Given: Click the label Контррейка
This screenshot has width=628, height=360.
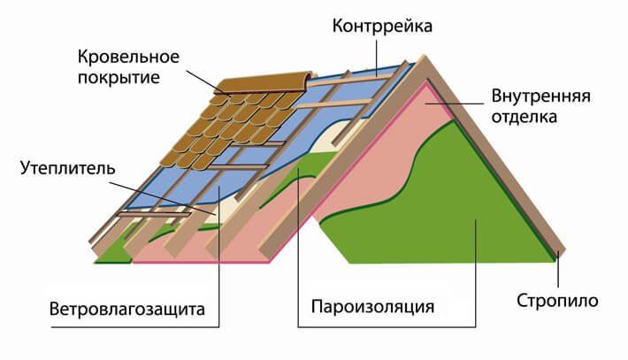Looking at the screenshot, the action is point(382,27).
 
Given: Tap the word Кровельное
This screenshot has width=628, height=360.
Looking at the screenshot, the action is point(128,57).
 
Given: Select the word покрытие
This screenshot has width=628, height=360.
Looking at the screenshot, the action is point(119,78).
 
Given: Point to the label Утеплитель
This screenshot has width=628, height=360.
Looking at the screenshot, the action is point(68,169).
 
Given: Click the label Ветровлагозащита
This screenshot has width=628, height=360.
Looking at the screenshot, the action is point(127,310).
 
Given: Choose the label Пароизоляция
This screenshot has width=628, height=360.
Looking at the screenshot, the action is point(372,307).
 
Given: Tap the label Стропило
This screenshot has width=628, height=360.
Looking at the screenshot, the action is point(557,301).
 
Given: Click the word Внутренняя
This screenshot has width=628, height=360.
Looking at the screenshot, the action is point(540,96).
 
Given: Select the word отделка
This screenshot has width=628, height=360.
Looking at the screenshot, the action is point(524,118).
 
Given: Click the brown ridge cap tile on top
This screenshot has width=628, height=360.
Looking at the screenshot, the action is point(264,83).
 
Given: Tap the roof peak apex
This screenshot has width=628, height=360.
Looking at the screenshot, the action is point(423,56).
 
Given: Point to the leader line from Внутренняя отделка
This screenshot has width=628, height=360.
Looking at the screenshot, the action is point(454,103).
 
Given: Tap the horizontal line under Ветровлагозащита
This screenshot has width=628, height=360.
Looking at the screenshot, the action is point(135,327).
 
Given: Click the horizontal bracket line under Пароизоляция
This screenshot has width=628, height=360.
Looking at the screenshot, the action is point(387,327).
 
